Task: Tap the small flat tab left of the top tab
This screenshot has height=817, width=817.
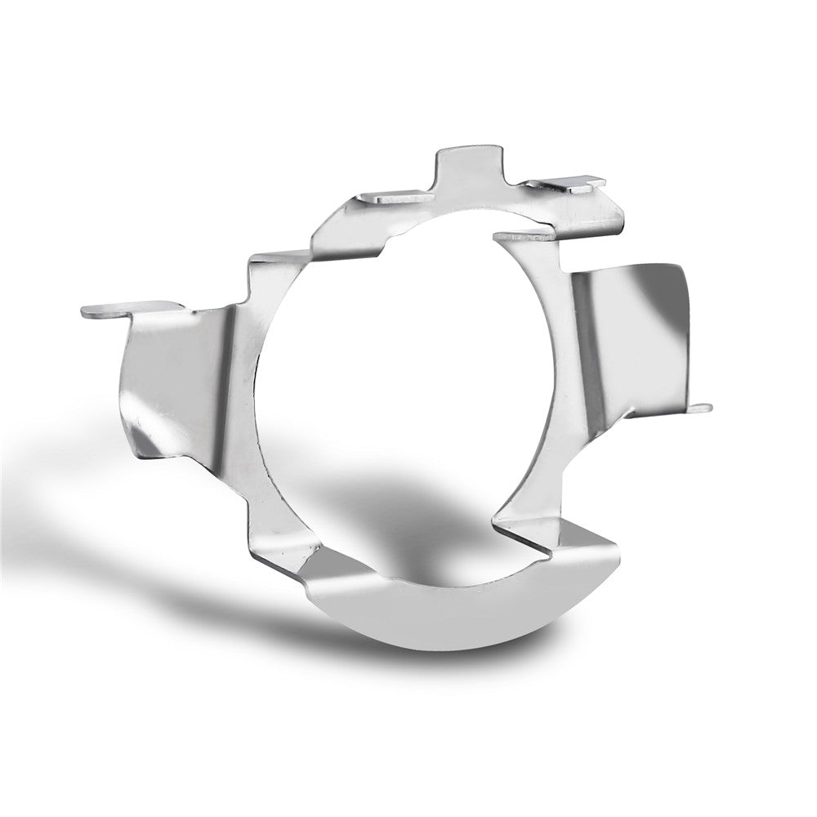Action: [x=392, y=196]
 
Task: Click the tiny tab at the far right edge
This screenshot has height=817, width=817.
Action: [x=701, y=408]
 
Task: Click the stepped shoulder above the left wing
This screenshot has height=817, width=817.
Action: [x=274, y=270]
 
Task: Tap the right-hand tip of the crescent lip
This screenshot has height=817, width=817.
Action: [x=617, y=543]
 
